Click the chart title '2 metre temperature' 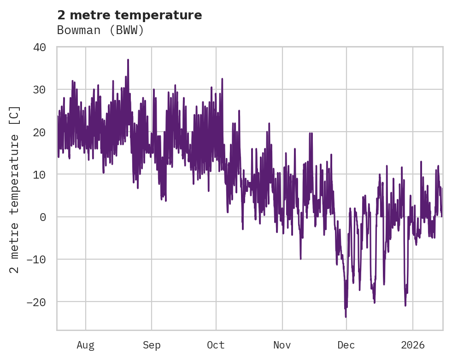pyautogui.click(x=129, y=15)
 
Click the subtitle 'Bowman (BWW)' pyautogui.click(x=100, y=30)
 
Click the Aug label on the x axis pyautogui.click(x=86, y=345)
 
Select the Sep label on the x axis pyautogui.click(x=152, y=345)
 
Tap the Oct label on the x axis pyautogui.click(x=216, y=345)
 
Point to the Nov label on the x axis pyautogui.click(x=282, y=345)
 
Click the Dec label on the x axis pyautogui.click(x=346, y=345)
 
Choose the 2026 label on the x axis pyautogui.click(x=413, y=345)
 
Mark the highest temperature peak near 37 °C pyautogui.click(x=128, y=60)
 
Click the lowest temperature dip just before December pyautogui.click(x=346, y=317)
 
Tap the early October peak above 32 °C pyautogui.click(x=222, y=79)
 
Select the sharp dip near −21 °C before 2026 pyautogui.click(x=405, y=305)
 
